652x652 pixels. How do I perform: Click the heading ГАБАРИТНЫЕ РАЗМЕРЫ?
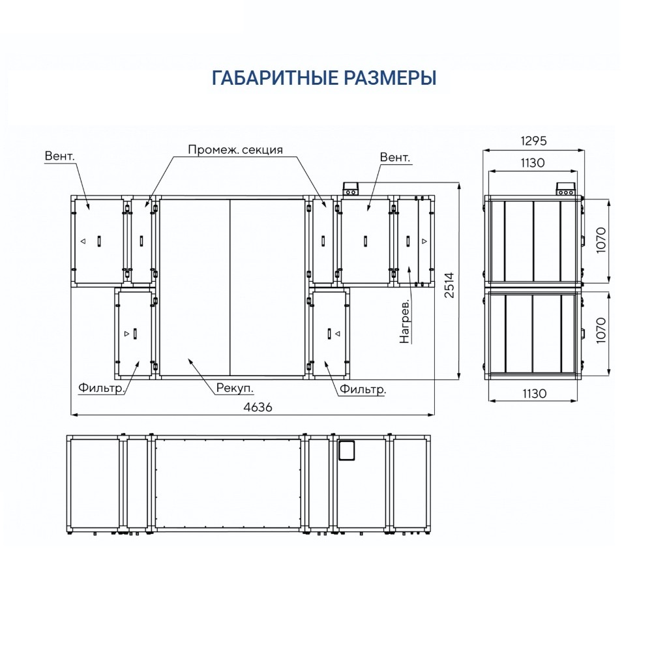324,78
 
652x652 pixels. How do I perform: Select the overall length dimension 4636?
258,407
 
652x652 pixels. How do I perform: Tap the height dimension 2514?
449,285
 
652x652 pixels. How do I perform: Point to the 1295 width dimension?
533,141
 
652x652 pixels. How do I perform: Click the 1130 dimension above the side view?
533,162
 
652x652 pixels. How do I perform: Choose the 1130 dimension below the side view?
535,393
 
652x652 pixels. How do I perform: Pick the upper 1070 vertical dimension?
601,241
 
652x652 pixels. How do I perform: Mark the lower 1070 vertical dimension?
601,331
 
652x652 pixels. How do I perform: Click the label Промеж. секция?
235,150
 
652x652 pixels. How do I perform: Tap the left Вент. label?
60,156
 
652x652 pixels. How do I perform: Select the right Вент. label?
395,158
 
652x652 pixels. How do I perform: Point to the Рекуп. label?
235,389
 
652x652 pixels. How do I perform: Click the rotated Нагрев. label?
405,321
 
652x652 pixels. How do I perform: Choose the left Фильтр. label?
102,388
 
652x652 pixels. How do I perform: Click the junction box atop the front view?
350,188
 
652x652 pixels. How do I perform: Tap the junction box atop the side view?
566,188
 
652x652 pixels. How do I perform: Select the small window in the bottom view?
346,451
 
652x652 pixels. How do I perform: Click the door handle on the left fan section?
99,241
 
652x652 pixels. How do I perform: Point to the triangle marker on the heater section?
424,241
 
